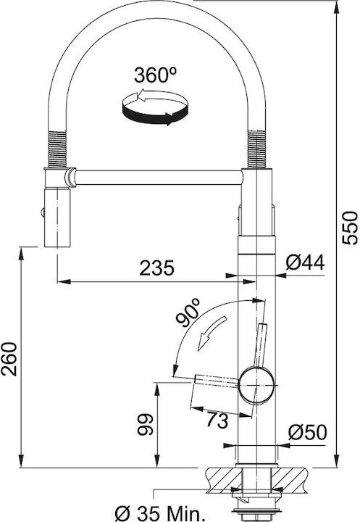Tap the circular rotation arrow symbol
[155, 107]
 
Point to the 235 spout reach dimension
[156, 268]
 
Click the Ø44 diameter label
[305, 262]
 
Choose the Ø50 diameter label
[307, 432]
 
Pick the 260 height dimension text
[9, 359]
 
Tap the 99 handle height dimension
[145, 424]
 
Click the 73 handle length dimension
[217, 420]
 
